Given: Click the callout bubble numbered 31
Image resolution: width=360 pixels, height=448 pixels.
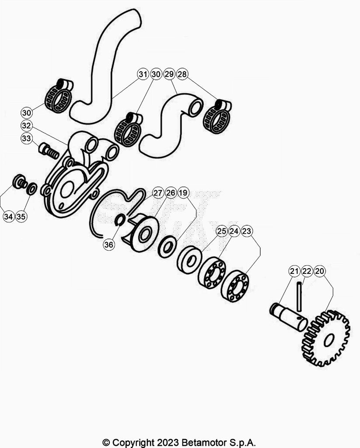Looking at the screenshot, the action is pyautogui.click(x=143, y=74).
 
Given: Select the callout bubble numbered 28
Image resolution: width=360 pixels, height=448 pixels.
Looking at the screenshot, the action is pyautogui.click(x=182, y=74).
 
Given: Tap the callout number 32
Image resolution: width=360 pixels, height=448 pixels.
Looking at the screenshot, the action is pyautogui.click(x=26, y=126).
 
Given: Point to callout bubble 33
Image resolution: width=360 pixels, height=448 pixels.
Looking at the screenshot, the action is pyautogui.click(x=26, y=138).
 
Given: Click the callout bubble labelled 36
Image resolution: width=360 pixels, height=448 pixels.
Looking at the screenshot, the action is pyautogui.click(x=108, y=245).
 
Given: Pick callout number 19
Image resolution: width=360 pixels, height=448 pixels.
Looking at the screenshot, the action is pyautogui.click(x=183, y=192).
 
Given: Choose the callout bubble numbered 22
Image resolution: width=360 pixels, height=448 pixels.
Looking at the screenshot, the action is pyautogui.click(x=307, y=271).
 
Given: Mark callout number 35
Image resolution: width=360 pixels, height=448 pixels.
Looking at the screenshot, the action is pyautogui.click(x=21, y=216).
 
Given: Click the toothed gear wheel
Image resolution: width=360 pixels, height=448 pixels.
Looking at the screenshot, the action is pyautogui.click(x=326, y=339).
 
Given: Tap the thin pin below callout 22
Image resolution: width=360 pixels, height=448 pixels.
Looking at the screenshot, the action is pyautogui.click(x=299, y=297).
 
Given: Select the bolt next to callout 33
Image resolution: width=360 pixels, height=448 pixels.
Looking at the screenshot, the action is pyautogui.click(x=49, y=151).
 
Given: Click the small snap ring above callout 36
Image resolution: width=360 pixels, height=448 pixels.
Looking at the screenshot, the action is pyautogui.click(x=119, y=220).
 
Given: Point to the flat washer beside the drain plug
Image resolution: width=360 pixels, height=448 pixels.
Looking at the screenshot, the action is pyautogui.click(x=31, y=189).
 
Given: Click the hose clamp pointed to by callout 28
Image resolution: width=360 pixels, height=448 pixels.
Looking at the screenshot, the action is pyautogui.click(x=217, y=116).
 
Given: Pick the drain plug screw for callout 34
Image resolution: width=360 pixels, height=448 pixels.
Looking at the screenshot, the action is pyautogui.click(x=20, y=182).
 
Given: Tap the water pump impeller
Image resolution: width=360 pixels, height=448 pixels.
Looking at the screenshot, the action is pyautogui.click(x=142, y=233).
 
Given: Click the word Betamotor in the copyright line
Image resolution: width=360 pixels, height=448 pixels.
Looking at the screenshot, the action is pyautogui.click(x=203, y=443).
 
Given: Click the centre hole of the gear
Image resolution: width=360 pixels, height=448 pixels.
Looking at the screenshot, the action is pyautogui.click(x=329, y=340).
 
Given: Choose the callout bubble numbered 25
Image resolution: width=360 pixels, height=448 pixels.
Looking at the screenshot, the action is pyautogui.click(x=222, y=231).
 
